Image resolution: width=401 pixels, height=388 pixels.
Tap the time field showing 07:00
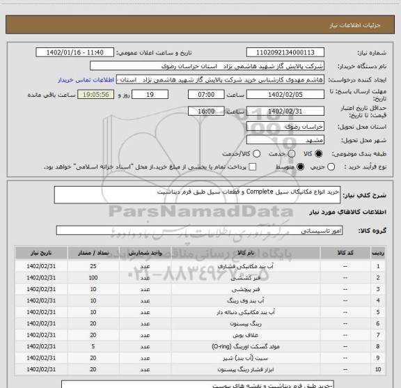tap(207, 93)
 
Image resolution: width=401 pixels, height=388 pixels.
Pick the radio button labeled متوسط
tap(301, 167)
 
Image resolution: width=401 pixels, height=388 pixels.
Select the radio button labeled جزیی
tap(331, 167)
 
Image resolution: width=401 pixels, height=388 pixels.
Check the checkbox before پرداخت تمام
tap(252, 167)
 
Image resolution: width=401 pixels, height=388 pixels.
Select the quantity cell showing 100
tap(93, 277)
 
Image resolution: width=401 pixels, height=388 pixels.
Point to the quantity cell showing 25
tap(93, 266)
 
